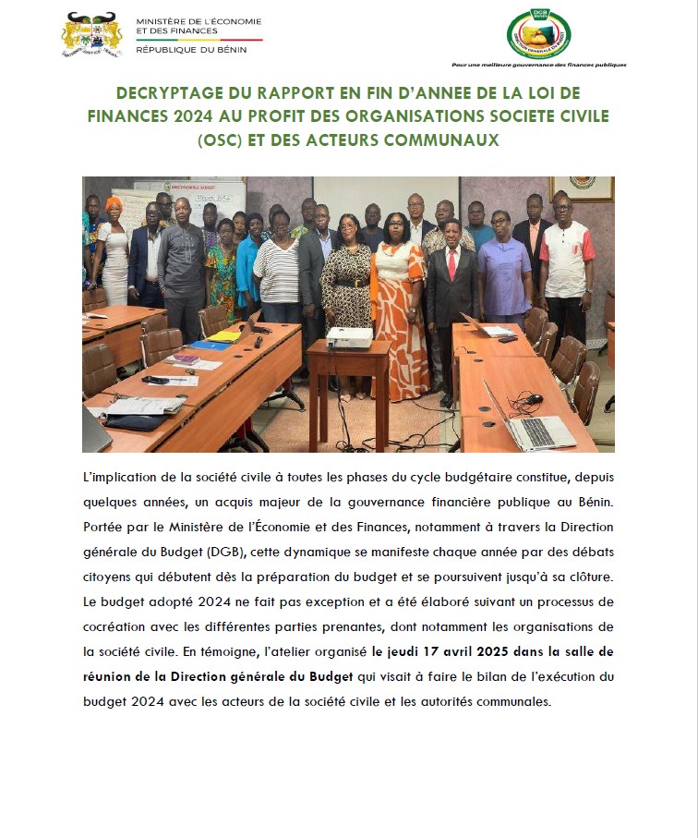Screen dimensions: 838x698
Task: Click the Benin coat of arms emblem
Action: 92,36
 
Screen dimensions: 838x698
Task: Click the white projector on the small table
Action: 349,337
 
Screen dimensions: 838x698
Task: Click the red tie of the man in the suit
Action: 451,264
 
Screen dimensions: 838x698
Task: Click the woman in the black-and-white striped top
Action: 277,268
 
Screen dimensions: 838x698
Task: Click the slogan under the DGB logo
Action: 538,66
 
